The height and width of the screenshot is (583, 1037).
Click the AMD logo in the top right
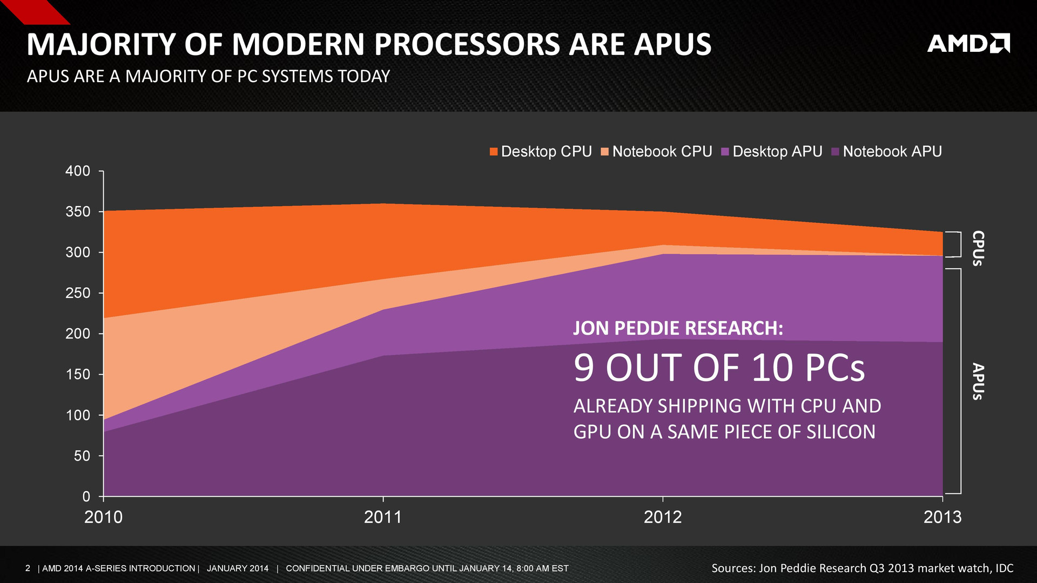click(968, 44)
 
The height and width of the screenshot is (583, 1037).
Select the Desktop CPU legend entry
click(541, 152)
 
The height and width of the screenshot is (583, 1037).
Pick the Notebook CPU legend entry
click(657, 152)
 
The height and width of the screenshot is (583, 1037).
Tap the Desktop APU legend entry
click(772, 152)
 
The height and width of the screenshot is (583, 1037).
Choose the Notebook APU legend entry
click(887, 152)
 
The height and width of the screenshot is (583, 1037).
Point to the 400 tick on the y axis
click(78, 171)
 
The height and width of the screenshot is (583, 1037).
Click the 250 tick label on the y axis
click(78, 293)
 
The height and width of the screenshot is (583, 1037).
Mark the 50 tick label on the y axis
click(82, 456)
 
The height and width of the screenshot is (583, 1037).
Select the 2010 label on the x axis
click(103, 517)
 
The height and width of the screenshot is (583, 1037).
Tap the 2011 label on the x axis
click(383, 517)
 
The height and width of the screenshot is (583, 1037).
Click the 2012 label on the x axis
click(663, 517)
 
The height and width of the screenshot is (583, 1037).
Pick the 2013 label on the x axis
click(942, 517)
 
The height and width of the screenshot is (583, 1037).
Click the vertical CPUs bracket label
click(978, 248)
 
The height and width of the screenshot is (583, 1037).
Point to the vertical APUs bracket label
click(978, 381)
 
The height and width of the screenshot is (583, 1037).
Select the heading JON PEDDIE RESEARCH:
click(678, 328)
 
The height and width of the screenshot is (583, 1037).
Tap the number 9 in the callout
click(584, 368)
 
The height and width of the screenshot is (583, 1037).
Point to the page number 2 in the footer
click(28, 568)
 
